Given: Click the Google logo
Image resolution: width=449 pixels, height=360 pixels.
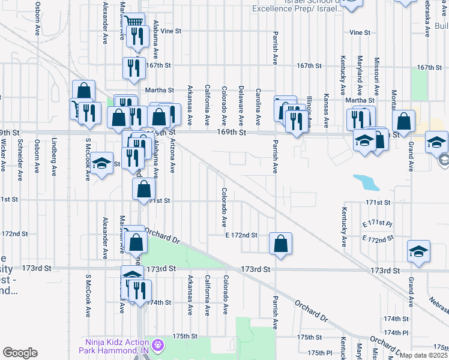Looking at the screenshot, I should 20,353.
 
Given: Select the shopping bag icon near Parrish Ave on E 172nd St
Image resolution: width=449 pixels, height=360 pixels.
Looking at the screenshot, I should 280,243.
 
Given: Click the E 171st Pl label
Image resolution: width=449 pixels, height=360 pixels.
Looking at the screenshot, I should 377,223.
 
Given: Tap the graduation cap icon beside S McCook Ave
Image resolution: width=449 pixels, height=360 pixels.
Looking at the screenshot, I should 103,163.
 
